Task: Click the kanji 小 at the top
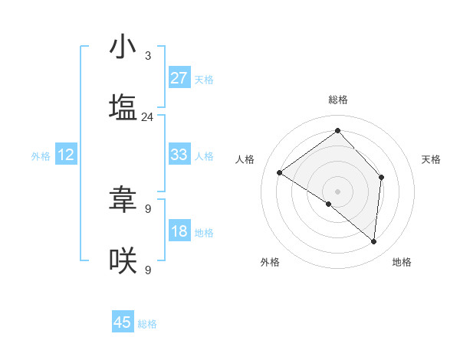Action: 123,47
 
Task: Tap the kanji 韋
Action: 123,200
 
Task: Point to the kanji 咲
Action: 123,260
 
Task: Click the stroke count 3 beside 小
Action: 147,56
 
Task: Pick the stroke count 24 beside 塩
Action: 147,117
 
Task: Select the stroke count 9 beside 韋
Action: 147,208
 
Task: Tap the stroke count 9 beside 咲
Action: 147,270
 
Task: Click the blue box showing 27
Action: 179,78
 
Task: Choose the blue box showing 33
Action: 179,155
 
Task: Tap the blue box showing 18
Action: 179,231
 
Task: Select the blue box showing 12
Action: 65,155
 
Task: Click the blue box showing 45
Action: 123,322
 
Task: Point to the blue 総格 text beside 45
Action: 147,324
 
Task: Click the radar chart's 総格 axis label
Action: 337,100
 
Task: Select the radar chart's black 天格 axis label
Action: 432,159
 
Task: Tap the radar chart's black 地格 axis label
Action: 402,262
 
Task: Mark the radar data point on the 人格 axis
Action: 280,173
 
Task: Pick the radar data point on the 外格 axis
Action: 329,204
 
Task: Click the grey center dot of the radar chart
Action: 337,191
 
